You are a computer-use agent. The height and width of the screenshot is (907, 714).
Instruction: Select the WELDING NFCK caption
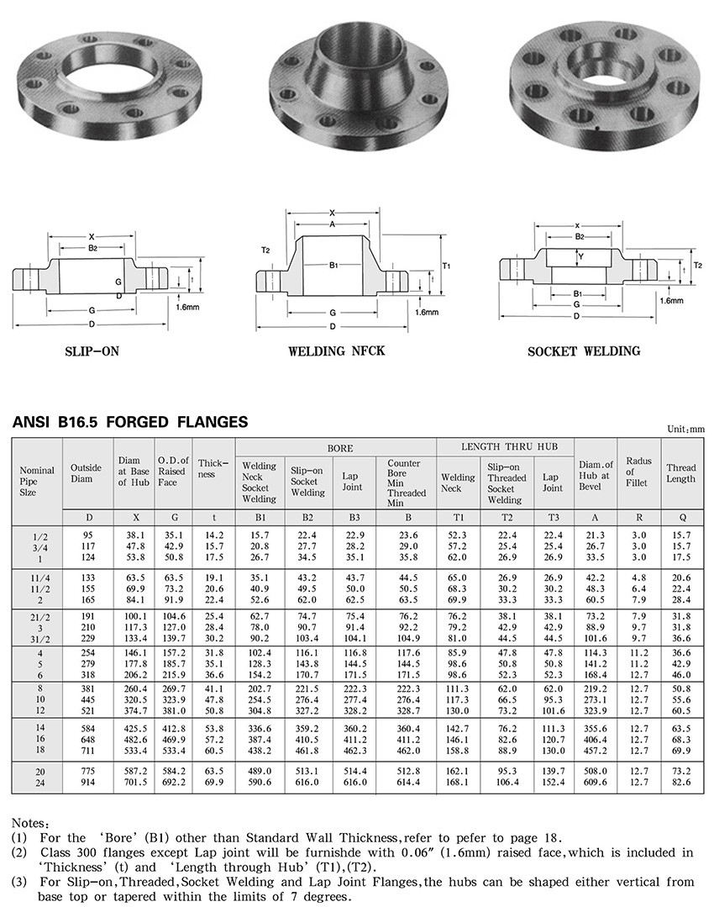(x=336, y=350)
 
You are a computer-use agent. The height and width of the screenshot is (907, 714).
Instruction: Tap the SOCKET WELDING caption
(x=583, y=351)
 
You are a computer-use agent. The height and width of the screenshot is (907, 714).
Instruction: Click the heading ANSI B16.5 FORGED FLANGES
(x=130, y=422)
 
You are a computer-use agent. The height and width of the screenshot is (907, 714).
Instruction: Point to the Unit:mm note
(x=685, y=429)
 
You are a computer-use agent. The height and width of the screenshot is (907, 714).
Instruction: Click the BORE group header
(x=336, y=448)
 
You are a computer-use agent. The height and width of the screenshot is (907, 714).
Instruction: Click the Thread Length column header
(x=681, y=473)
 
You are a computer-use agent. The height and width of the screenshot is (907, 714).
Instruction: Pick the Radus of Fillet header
(x=638, y=473)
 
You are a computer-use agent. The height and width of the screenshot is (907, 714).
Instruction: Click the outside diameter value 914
(x=87, y=782)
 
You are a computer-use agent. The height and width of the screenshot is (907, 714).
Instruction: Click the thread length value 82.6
(x=681, y=782)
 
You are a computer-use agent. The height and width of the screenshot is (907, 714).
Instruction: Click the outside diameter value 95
(x=87, y=535)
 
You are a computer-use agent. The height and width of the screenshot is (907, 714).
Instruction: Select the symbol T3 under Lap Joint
(x=552, y=515)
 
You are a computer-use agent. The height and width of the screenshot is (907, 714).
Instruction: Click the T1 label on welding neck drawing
(x=447, y=266)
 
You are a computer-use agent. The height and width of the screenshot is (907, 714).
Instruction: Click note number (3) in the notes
(x=19, y=882)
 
